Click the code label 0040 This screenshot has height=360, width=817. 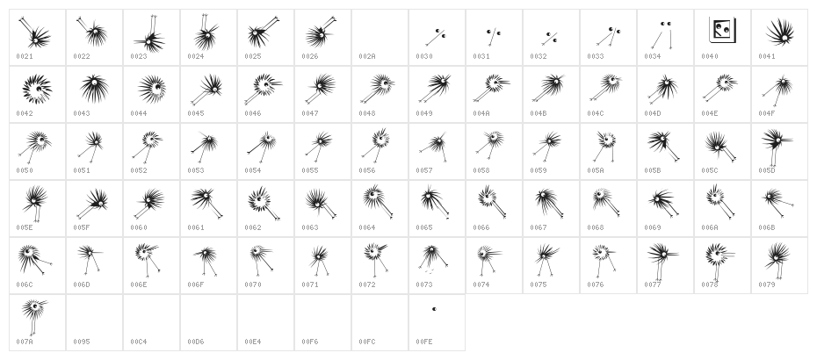point(709,56)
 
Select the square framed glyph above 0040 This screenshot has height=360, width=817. point(722,31)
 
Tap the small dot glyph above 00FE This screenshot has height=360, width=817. point(434,309)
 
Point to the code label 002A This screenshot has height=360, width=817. point(366,56)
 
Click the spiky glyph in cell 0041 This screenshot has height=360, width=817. point(780,34)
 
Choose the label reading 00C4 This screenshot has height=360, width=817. point(138,342)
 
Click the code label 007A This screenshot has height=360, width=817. point(24,342)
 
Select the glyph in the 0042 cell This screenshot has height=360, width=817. point(37,89)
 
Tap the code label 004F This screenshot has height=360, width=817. point(766,113)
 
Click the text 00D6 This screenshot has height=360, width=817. point(195,342)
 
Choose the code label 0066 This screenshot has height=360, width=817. point(481,227)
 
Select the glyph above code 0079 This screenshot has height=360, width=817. point(777,258)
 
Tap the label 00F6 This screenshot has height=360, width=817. point(309,342)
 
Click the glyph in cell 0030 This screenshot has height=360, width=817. point(436,35)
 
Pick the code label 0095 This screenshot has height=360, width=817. point(81,342)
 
